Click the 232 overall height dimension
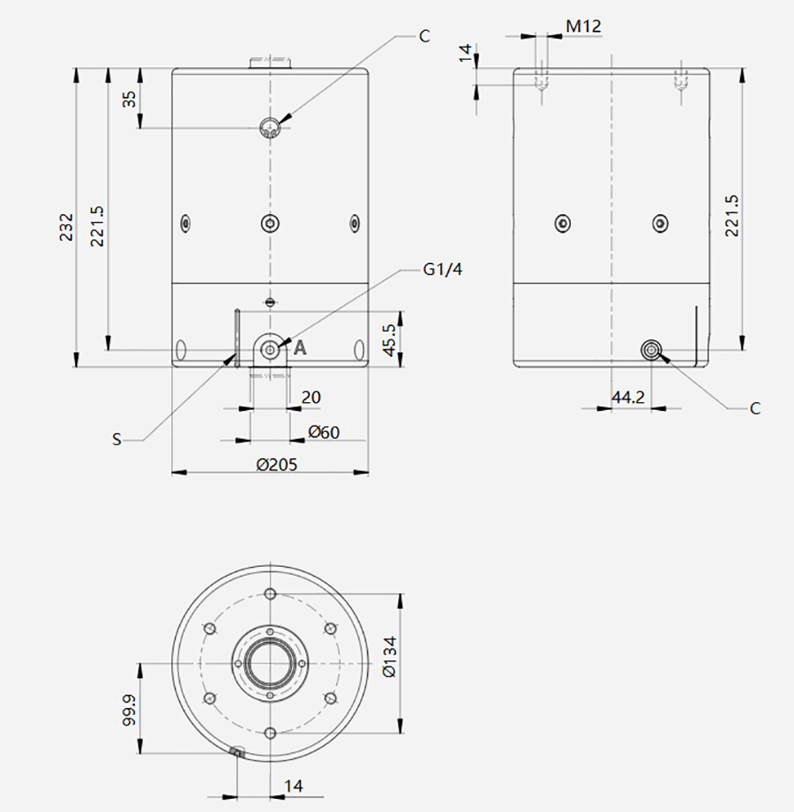(67, 227)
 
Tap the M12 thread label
(583, 26)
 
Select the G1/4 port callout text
(443, 269)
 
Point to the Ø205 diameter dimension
(277, 465)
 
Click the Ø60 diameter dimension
(324, 432)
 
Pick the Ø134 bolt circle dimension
(389, 656)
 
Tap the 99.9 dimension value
(129, 710)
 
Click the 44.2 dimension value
(629, 398)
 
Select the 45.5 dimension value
(389, 339)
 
